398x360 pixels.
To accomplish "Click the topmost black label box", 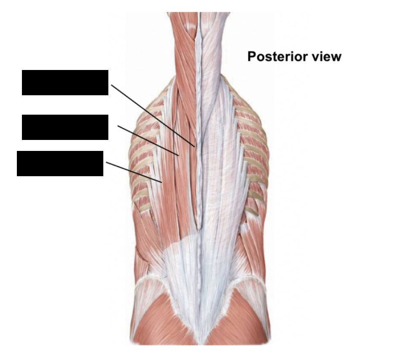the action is (x=65, y=83).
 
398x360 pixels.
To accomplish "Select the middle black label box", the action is (x=65, y=127).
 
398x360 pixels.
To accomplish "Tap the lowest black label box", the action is (x=60, y=163).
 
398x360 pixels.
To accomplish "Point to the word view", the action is (x=325, y=56).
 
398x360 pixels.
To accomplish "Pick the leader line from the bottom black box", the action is (x=134, y=172).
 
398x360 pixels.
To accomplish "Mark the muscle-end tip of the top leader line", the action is (x=194, y=146).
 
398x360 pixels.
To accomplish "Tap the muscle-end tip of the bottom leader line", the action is (x=162, y=182).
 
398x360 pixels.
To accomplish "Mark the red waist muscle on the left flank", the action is (x=143, y=249).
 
